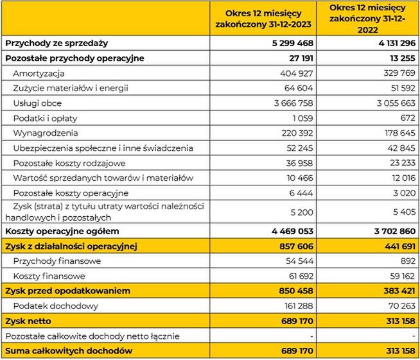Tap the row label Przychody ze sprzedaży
pos(57,43)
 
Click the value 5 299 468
pos(288,43)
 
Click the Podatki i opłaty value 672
pos(408,118)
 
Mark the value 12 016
pos(402,178)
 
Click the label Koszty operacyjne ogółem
pos(62,230)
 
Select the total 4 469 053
pos(288,230)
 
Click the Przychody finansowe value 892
pos(408,261)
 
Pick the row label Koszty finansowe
pos(49,275)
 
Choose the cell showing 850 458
pos(292,291)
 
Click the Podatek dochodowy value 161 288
pos(294,305)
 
